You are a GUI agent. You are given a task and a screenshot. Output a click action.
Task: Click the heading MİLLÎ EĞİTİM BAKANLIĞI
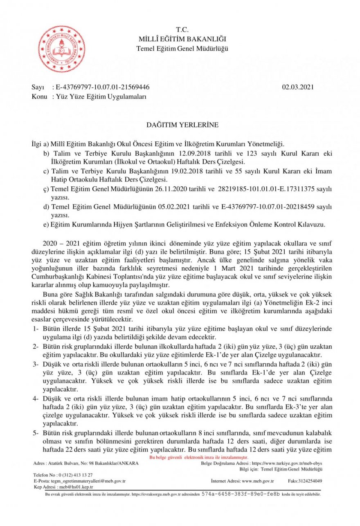pos(182,39)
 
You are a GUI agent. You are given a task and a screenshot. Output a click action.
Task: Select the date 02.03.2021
pos(298,87)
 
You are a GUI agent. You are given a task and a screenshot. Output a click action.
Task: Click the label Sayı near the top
pos(38,87)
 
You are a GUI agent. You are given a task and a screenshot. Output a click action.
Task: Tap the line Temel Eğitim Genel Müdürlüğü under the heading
pos(182,49)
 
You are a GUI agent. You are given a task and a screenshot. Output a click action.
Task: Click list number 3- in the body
pos(35,363)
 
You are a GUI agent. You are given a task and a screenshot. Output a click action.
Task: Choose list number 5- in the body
pos(35,433)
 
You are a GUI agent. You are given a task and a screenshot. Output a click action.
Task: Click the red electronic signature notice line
pos(199,457)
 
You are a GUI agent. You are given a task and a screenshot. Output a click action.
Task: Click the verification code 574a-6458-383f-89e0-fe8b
pos(241,494)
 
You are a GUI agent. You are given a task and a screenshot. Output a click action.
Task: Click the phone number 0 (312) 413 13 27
pos(75,475)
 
